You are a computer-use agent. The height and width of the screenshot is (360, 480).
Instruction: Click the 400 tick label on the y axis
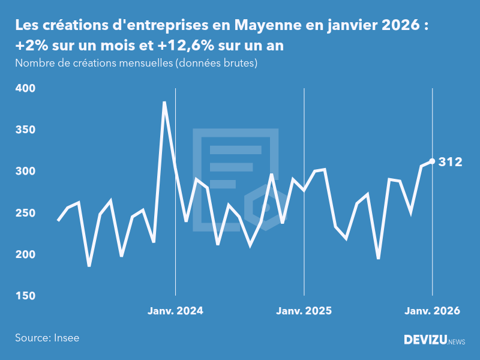(25, 88)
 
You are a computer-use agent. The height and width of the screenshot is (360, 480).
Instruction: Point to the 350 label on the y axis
(25, 130)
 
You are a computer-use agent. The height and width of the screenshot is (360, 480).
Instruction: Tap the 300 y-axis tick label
(25, 172)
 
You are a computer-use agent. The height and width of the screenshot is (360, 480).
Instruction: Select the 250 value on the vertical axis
(25, 213)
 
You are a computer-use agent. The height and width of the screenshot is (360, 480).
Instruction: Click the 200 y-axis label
(25, 254)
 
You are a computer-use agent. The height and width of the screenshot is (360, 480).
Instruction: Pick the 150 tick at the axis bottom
(25, 296)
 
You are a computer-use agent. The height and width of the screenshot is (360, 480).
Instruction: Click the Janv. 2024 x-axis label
(175, 311)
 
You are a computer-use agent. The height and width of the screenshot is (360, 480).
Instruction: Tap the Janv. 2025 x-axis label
(304, 311)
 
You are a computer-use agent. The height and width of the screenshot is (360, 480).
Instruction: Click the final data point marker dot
(432, 161)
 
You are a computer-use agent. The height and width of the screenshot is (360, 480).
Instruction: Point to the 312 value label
(450, 161)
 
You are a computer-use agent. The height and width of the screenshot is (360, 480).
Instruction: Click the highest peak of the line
(164, 103)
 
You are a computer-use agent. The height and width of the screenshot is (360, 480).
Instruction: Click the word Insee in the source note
(66, 338)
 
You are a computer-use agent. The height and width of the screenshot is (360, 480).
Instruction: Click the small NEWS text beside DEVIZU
(457, 342)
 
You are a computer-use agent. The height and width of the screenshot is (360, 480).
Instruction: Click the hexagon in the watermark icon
(264, 202)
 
